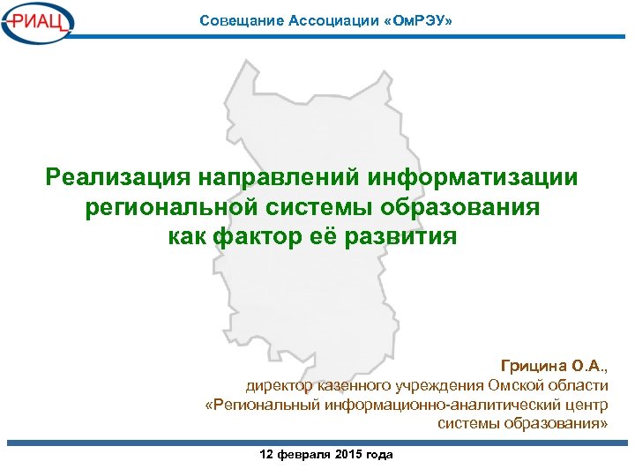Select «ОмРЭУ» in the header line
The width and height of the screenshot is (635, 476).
point(412,19)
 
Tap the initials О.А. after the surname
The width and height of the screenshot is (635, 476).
point(588,365)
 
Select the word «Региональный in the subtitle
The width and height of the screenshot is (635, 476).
point(263,405)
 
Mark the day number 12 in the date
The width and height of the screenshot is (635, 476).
point(266,454)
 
